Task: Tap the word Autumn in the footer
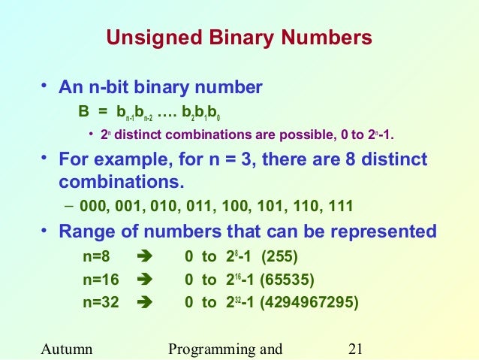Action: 68,349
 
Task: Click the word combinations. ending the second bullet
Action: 120,182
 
